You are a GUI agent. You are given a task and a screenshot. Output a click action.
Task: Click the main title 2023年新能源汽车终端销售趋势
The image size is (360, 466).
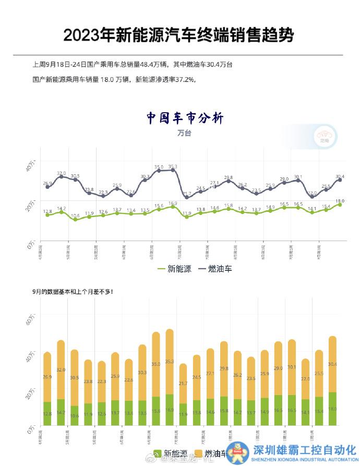pyautogui.click(x=178, y=35)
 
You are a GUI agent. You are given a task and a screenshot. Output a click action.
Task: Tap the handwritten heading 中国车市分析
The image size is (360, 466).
pyautogui.click(x=185, y=118)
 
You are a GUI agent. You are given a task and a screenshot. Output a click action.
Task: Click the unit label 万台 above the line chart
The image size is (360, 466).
pyautogui.click(x=184, y=133)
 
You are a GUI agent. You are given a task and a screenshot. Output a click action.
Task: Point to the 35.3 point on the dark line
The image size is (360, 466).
pyautogui.click(x=173, y=170)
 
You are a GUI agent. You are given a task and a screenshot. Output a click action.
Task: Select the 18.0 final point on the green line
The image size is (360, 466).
pyautogui.click(x=340, y=205)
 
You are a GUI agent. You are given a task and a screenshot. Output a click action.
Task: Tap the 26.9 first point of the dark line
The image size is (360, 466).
pyautogui.click(x=47, y=187)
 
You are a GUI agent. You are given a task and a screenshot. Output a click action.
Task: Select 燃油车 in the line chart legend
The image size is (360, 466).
pyautogui.click(x=215, y=269)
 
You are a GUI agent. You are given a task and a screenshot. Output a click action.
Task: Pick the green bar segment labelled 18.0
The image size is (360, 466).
pyautogui.click(x=332, y=409)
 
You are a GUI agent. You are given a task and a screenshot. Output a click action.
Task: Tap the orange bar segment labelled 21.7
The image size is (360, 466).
pyautogui.click(x=183, y=384)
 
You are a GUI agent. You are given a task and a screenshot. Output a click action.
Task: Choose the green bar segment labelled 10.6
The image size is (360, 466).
pyautogui.click(x=75, y=415)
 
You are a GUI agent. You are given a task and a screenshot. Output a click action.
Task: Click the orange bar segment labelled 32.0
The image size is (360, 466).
pyautogui.click(x=61, y=369)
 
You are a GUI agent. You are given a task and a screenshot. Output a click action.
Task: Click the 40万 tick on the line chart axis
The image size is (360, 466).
pyautogui.click(x=31, y=165)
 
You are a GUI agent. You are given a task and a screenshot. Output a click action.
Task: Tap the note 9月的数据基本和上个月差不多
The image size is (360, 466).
pyautogui.click(x=73, y=291)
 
